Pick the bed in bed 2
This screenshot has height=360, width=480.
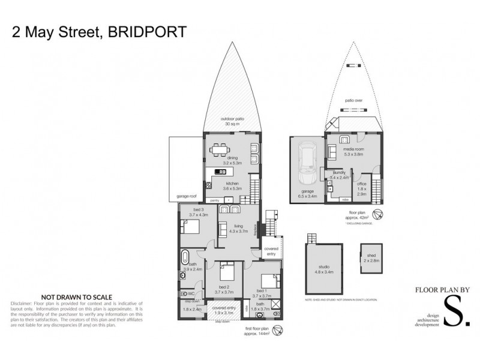[x=226, y=272]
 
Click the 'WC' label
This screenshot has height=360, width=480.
[x=191, y=293]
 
